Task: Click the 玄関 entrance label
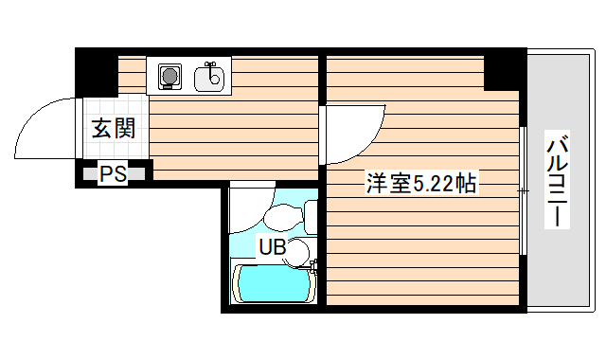(x=113, y=130)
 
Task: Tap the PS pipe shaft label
(x=114, y=173)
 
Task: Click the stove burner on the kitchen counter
(x=170, y=76)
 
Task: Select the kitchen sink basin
(x=210, y=77)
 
